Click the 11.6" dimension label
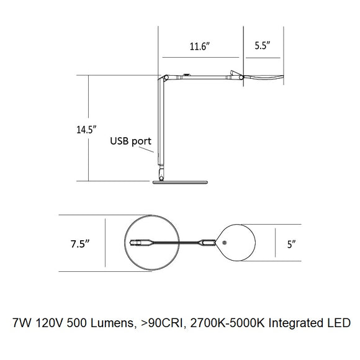(200, 47)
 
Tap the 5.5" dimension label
(262, 45)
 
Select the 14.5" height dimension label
(86, 130)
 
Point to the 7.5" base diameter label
(80, 244)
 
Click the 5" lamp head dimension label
(291, 244)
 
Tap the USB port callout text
(130, 141)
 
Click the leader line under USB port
(146, 150)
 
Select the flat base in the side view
(180, 182)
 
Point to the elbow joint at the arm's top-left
(166, 78)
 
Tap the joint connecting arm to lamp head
(241, 78)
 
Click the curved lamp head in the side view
(264, 77)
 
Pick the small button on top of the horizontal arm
(186, 74)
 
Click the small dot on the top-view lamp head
(225, 243)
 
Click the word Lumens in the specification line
(112, 323)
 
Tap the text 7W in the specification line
(22, 323)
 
